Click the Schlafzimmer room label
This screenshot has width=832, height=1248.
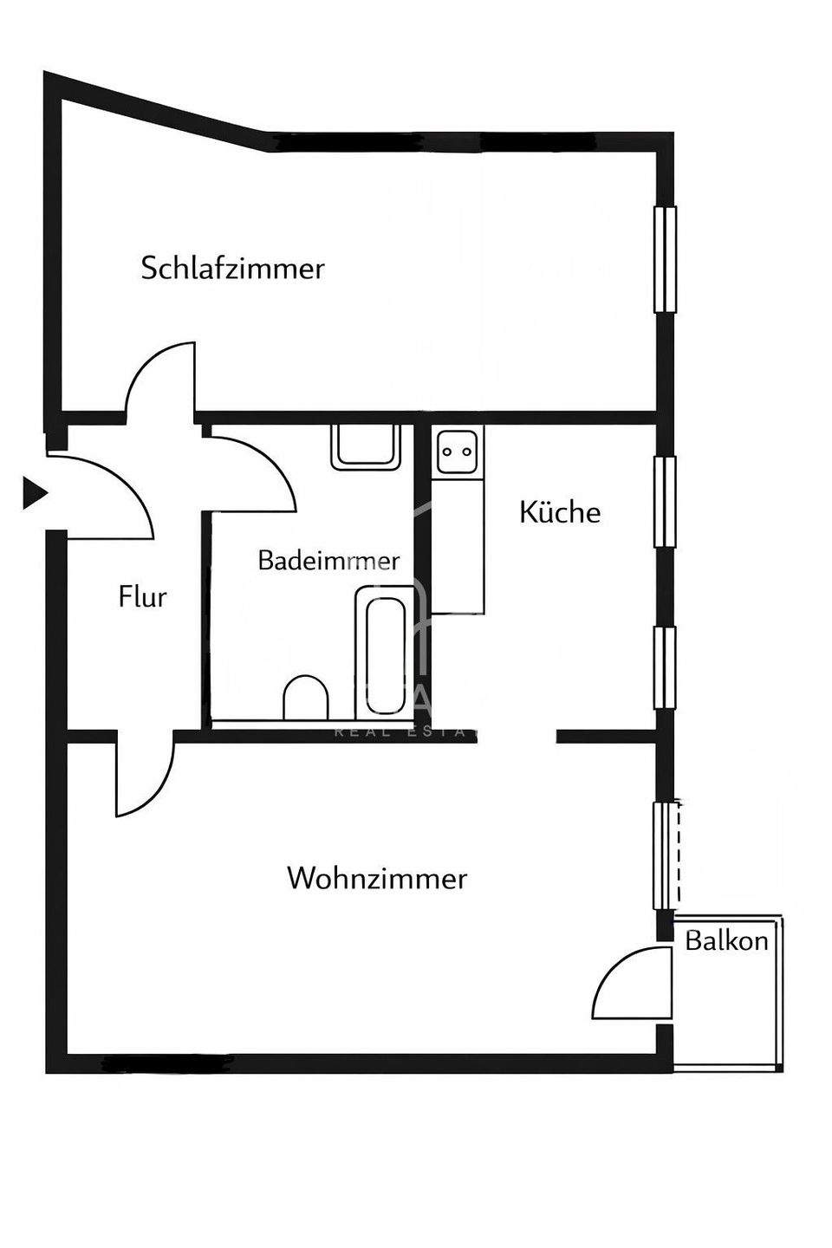click(232, 268)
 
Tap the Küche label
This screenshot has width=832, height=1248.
click(559, 512)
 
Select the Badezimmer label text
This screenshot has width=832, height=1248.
click(328, 561)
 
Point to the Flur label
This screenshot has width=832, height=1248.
click(142, 597)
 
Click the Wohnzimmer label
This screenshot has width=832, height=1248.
click(376, 879)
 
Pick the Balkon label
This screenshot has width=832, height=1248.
click(726, 940)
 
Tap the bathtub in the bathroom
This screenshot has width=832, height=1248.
click(385, 652)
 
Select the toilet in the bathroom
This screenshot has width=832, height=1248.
click(306, 697)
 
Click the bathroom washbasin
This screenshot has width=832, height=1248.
click(365, 446)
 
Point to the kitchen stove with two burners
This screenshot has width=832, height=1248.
click(457, 451)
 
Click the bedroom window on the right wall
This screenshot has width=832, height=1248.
click(665, 259)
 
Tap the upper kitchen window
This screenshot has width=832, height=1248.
click(665, 501)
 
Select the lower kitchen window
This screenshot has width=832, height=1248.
click(665, 667)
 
